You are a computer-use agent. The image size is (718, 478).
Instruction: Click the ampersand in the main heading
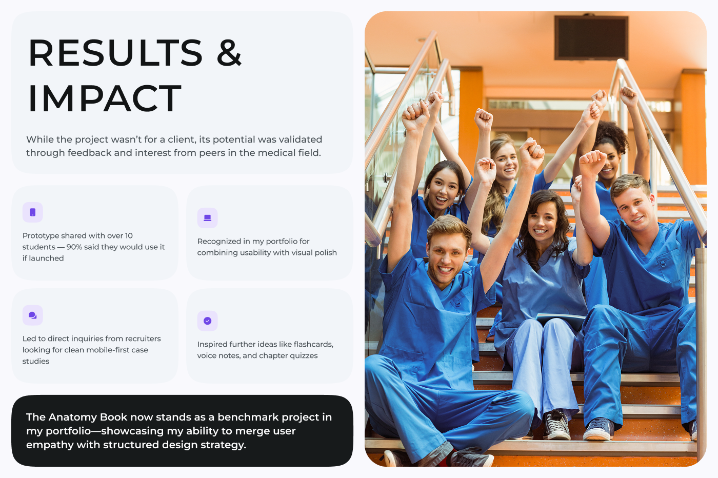tap(229, 53)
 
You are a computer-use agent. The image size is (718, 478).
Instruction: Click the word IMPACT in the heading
tap(105, 98)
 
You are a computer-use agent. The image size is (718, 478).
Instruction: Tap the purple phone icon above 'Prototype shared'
tap(33, 212)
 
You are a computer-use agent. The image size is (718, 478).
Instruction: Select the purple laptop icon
tap(207, 218)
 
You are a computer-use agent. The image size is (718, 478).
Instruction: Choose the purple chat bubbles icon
tap(33, 315)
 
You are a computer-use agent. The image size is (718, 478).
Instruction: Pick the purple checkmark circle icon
tap(207, 321)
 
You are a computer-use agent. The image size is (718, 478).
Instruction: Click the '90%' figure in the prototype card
tap(74, 247)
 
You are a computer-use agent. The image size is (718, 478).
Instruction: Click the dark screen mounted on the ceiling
tap(591, 38)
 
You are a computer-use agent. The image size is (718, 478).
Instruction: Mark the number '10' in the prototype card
tap(129, 235)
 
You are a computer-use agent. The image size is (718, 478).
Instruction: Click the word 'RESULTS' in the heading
tap(116, 53)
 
